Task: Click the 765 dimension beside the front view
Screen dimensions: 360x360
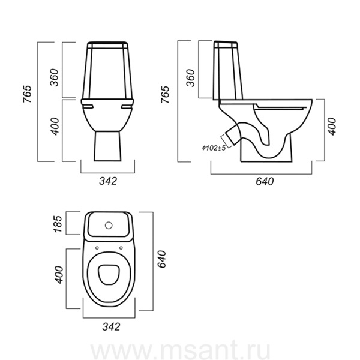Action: pos(27,94)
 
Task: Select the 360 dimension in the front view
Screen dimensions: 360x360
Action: pos(55,77)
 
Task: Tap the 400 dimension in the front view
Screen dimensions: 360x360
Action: pos(55,126)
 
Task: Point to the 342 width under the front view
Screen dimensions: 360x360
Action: pos(108,181)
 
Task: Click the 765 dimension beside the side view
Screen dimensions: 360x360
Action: pos(165,94)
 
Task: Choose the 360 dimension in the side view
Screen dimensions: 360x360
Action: pos(191,78)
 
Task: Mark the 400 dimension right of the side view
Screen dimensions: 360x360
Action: pos(331,127)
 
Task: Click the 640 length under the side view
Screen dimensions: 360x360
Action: pos(265,181)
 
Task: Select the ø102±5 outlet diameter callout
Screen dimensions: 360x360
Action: pos(214,148)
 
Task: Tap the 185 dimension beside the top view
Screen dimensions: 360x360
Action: pos(58,224)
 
